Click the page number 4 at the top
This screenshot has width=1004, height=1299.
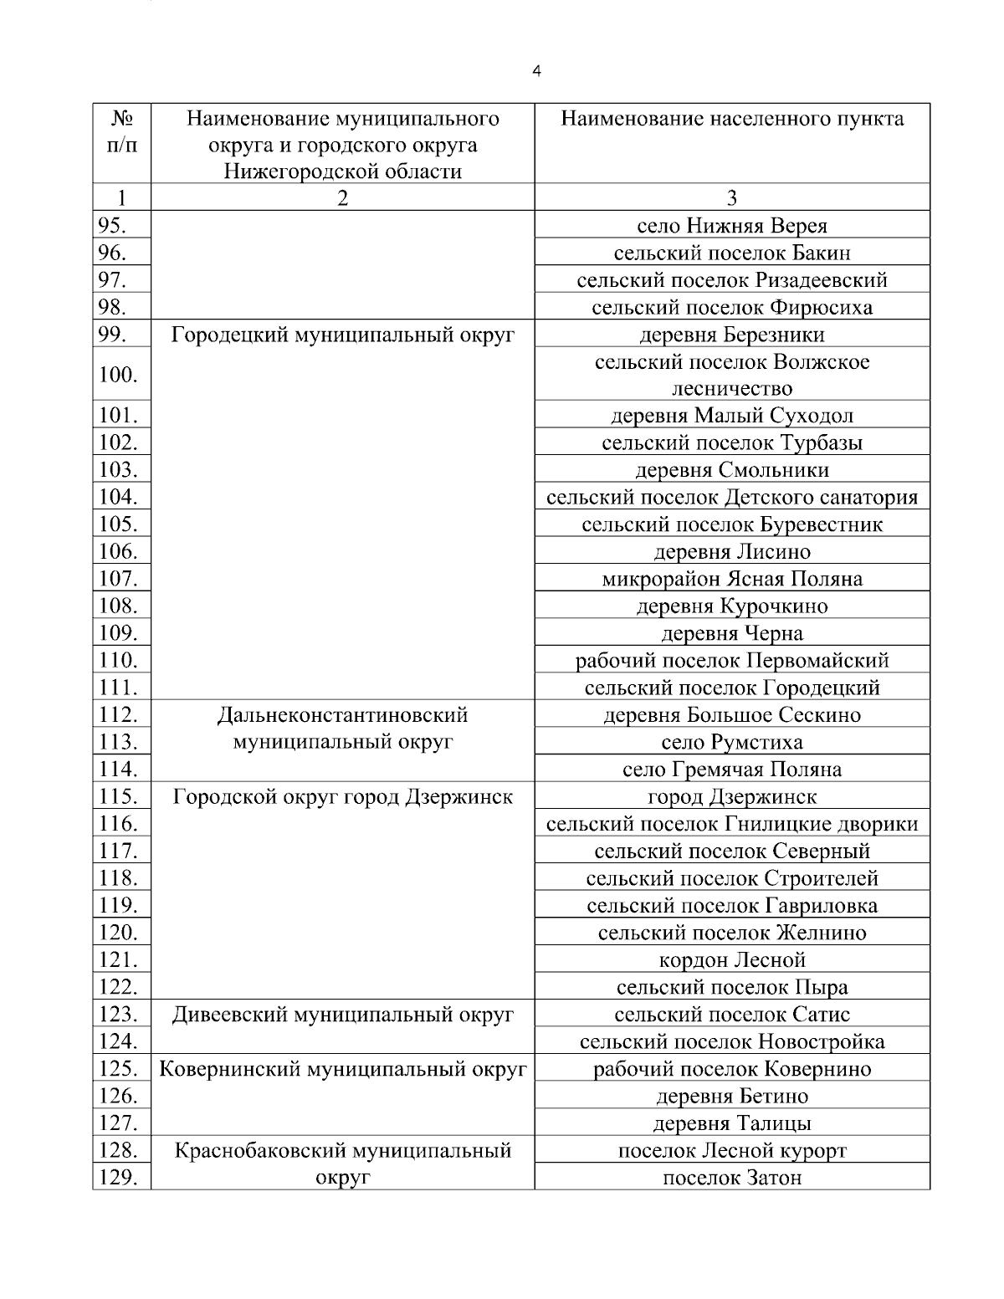(x=536, y=71)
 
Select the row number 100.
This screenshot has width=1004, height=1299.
(x=118, y=375)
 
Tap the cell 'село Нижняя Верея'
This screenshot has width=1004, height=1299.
(x=732, y=225)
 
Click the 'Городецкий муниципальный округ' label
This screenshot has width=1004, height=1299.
(x=343, y=335)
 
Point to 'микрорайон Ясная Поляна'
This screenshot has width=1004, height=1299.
(x=732, y=579)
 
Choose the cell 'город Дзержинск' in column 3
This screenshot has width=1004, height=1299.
(x=732, y=796)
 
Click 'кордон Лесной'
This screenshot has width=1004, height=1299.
(x=732, y=959)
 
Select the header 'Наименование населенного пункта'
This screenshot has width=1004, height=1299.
(x=732, y=119)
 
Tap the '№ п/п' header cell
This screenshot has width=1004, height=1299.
(x=122, y=131)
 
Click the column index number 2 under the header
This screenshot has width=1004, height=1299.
(x=343, y=197)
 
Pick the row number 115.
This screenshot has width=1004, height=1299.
(x=118, y=796)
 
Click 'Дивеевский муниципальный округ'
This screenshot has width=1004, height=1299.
(x=343, y=1015)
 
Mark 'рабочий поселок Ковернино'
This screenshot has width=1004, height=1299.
(x=732, y=1069)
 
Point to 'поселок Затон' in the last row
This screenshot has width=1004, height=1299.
(x=732, y=1178)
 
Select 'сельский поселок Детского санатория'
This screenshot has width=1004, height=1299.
(x=732, y=498)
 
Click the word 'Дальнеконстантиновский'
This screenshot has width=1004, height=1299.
(x=343, y=715)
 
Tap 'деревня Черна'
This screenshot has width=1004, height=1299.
(x=732, y=633)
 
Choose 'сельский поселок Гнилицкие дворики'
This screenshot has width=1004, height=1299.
(x=732, y=824)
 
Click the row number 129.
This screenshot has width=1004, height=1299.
(x=118, y=1177)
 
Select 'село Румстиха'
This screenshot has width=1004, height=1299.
(x=732, y=742)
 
